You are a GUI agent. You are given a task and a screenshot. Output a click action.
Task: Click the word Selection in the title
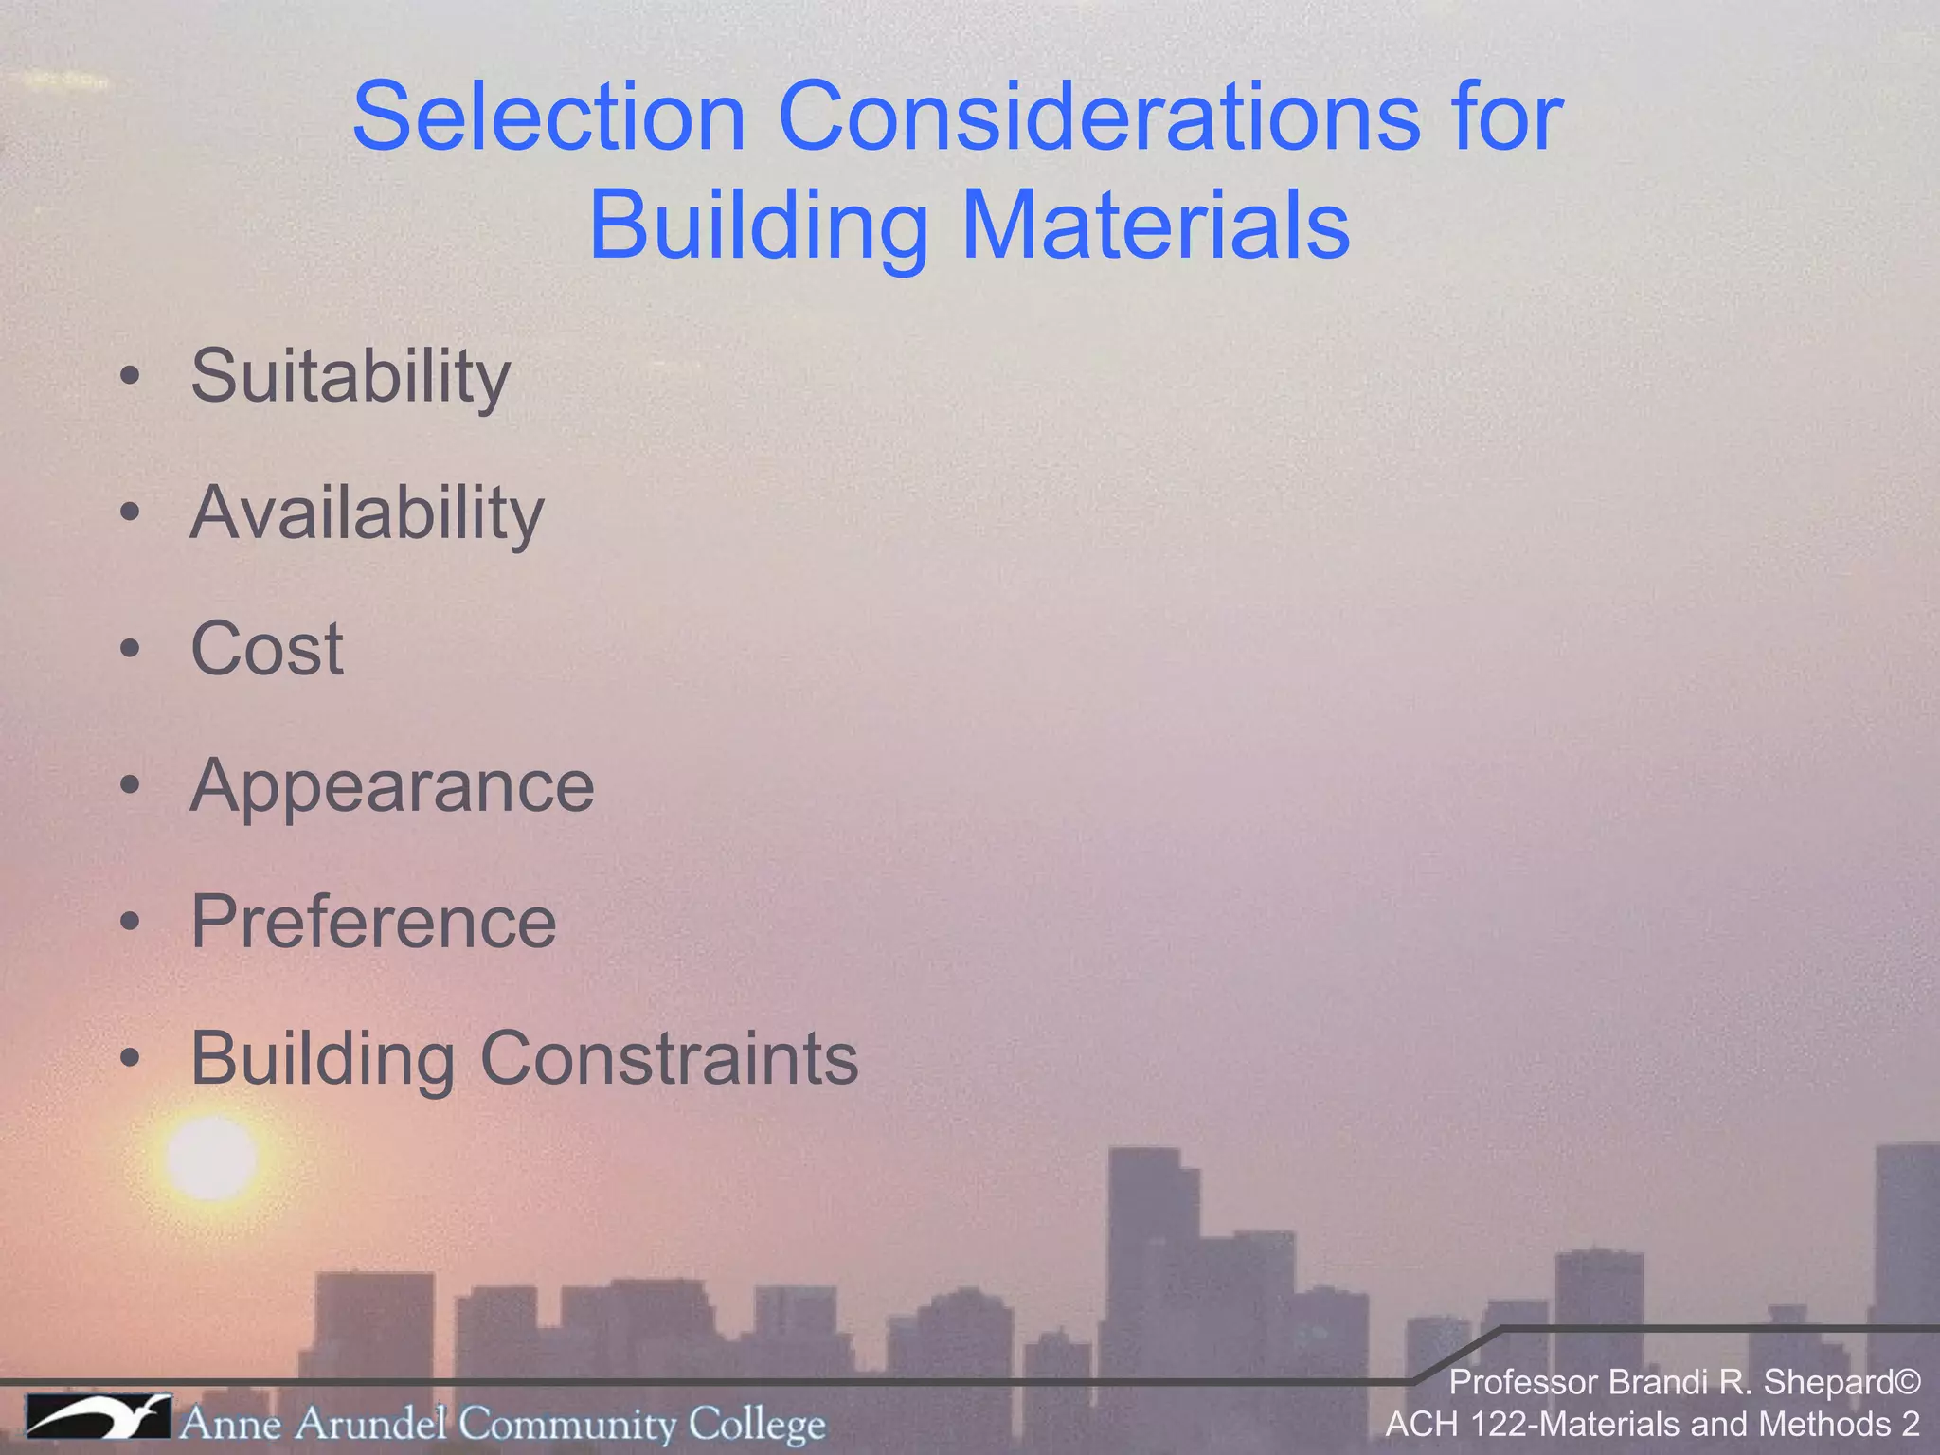click(549, 117)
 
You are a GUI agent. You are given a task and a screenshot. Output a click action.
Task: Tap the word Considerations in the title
click(1099, 117)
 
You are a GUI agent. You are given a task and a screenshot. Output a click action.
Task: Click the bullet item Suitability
click(350, 377)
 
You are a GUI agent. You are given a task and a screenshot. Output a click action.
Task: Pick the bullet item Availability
click(367, 513)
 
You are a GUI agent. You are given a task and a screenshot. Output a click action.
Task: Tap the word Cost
click(267, 650)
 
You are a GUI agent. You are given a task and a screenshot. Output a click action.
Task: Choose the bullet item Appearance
click(392, 786)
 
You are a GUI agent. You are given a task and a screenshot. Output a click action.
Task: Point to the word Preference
click(373, 923)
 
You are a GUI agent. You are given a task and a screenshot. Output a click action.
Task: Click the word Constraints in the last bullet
click(670, 1059)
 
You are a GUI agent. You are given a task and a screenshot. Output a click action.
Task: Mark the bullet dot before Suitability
click(131, 377)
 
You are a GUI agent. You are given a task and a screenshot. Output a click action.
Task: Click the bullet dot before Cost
click(131, 650)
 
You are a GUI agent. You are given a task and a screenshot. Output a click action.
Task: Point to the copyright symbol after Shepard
click(1907, 1383)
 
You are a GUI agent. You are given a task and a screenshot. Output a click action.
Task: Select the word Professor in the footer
click(1523, 1383)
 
